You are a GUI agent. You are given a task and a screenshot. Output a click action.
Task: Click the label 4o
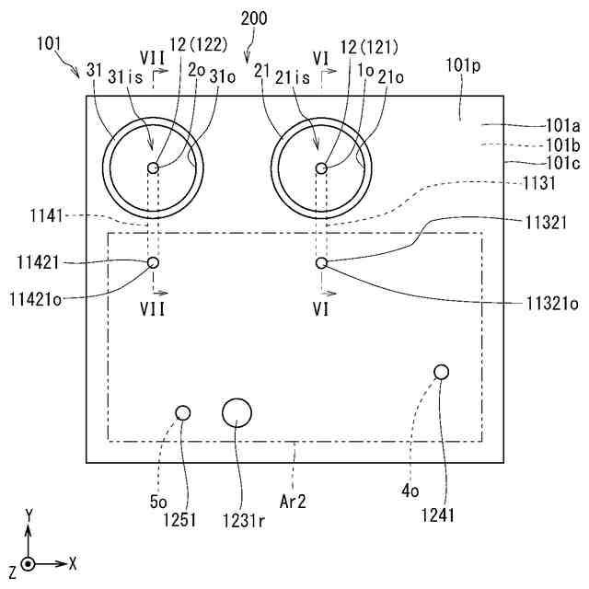410,491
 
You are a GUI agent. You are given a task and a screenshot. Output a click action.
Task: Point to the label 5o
158,502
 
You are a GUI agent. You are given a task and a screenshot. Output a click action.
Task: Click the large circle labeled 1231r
237,413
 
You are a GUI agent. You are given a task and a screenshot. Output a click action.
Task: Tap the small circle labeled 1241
441,372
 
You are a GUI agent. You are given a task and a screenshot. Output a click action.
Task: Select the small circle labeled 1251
183,413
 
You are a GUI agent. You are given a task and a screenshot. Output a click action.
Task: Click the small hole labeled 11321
321,263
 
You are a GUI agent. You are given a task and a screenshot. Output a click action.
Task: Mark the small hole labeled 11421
153,263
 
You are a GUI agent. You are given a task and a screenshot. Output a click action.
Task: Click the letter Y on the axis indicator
29,515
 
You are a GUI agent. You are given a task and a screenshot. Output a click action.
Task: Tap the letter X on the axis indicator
73,561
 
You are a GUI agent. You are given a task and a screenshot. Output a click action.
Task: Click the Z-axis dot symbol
29,562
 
